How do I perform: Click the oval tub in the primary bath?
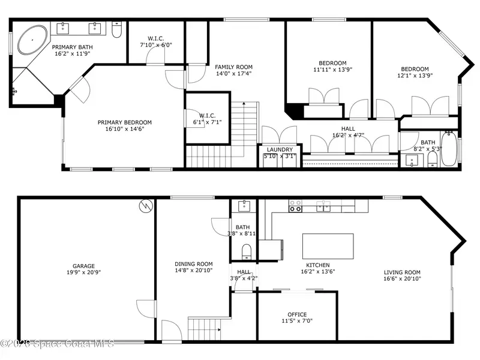click(32, 40)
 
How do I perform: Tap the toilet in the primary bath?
click(116, 29)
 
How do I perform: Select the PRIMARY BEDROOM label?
click(125, 122)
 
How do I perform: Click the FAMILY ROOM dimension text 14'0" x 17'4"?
click(233, 73)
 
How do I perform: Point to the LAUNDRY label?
click(280, 149)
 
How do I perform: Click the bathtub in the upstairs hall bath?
click(449, 149)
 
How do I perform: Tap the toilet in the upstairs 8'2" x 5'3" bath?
click(432, 160)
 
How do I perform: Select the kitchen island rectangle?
click(328, 247)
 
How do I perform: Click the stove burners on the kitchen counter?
click(295, 206)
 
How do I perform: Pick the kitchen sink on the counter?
click(323, 206)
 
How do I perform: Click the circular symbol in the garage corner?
click(146, 206)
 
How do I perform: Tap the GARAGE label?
click(83, 266)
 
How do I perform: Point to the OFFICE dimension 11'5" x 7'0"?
click(297, 321)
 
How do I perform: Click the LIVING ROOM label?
click(402, 272)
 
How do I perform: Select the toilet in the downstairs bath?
click(247, 251)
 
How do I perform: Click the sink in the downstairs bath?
click(244, 206)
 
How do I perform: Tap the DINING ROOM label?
click(193, 264)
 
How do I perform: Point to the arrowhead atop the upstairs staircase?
click(244, 104)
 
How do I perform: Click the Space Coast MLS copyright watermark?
click(57, 343)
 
